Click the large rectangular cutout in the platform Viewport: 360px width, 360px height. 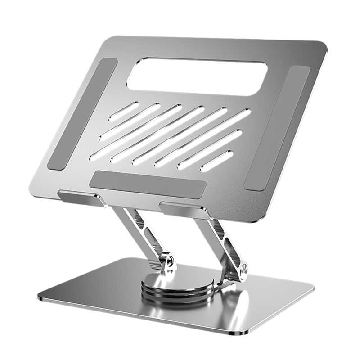point(197,76)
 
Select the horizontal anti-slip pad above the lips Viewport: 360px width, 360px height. point(148,184)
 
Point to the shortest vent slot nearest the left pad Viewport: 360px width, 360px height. point(123,111)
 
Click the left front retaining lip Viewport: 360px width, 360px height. point(78,196)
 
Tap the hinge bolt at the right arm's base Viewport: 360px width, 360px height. point(244,271)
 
